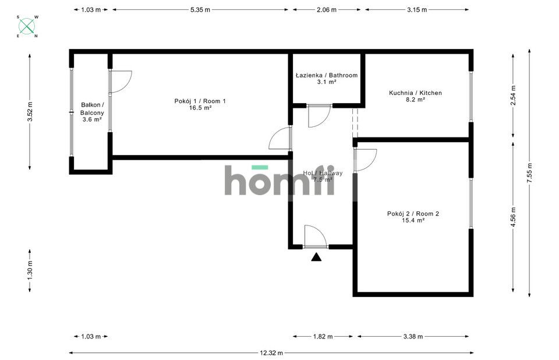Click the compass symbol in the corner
[26, 26]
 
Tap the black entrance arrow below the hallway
[316, 257]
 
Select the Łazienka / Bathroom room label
[326, 75]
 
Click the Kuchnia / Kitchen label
[415, 93]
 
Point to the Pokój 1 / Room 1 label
[200, 101]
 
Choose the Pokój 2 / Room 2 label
[413, 213]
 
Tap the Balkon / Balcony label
[92, 109]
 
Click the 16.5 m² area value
[200, 108]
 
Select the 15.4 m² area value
[413, 220]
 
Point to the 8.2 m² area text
[415, 100]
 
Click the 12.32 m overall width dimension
[271, 352]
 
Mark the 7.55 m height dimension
[529, 172]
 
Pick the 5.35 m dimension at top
[200, 10]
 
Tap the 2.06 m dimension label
[326, 10]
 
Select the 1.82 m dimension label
[323, 336]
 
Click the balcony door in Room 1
[121, 81]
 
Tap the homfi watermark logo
[279, 180]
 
